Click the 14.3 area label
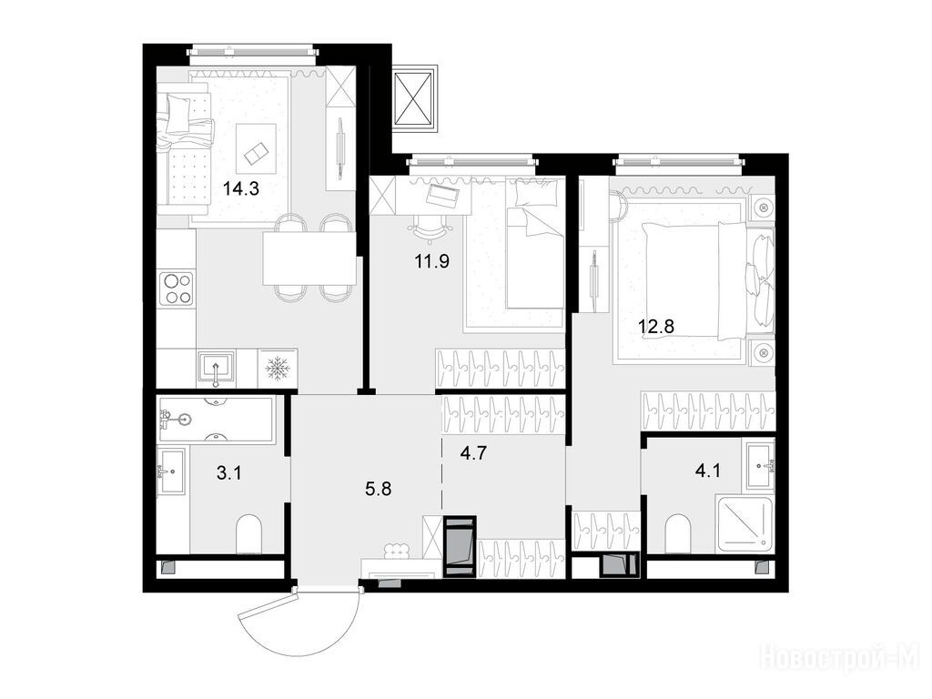point(240,189)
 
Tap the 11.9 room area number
point(432,261)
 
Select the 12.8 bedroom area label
point(656,326)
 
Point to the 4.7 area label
point(473,453)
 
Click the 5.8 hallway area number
point(378,490)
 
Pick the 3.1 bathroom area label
point(228,473)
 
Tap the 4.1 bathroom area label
point(707,471)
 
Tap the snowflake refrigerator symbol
point(278,369)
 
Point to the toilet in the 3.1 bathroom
point(249,534)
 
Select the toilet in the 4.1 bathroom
point(680,533)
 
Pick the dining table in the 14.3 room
point(309,258)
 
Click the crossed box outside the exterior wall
point(415,98)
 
